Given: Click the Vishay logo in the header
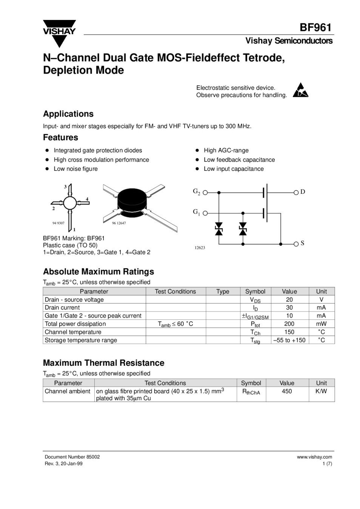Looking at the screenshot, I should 59,32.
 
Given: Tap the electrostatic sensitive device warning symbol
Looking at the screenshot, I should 301,90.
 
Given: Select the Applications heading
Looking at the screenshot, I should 68,114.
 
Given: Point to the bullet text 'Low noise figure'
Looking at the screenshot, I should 75,169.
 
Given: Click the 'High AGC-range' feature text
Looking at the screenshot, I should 226,150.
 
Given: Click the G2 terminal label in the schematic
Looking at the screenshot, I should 197,192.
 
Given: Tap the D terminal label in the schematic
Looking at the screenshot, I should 303,192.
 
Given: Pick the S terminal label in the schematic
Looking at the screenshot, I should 302,243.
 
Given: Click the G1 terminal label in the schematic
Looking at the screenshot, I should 197,212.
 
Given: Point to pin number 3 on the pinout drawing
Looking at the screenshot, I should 65,187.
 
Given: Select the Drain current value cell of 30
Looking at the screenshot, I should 289,308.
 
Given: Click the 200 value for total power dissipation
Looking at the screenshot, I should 289,324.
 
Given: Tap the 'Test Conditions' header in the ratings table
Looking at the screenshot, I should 175,291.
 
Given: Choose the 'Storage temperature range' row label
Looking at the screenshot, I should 81,340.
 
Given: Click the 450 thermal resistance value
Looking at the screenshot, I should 287,391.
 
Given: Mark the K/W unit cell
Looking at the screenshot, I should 321,391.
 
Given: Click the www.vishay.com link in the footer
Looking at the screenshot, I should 314,457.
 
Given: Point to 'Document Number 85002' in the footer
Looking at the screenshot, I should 72,457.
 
